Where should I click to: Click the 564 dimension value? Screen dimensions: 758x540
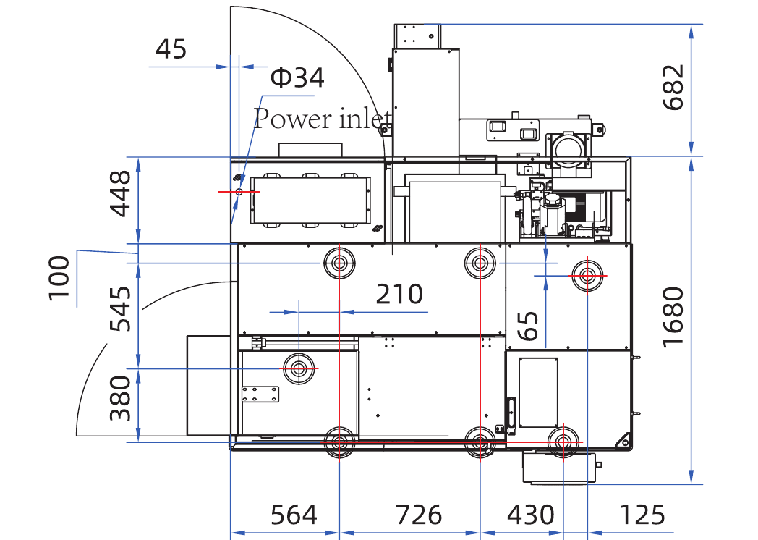pos(294,515)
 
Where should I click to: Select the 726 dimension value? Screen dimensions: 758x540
pos(419,515)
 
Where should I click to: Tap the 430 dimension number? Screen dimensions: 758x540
pos(530,515)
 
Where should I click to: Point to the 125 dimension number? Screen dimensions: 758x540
pos(642,515)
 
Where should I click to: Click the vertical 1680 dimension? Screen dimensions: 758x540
pos(673,318)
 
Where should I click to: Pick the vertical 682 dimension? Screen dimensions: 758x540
pos(673,88)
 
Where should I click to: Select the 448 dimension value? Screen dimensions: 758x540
pos(120,193)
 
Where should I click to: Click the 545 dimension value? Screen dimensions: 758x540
pos(120,308)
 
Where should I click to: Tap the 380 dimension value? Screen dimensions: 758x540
pos(120,399)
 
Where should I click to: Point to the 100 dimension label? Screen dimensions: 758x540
pos(59,278)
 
